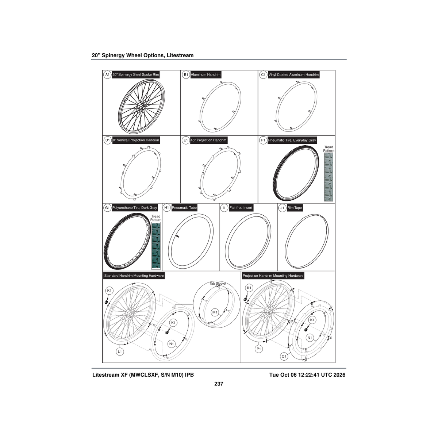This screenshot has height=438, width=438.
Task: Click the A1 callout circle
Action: [x=107, y=74]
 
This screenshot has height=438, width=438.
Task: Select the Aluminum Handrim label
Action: [x=205, y=74]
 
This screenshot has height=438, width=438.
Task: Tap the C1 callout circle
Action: [x=263, y=74]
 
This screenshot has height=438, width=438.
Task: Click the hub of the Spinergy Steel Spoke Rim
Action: [x=141, y=106]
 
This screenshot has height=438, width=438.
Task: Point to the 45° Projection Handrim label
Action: [x=208, y=140]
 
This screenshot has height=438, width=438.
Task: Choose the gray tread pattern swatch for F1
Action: [x=328, y=177]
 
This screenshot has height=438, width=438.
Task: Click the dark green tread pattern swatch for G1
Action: [x=156, y=246]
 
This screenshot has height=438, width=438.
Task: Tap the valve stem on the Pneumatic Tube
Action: [x=178, y=237]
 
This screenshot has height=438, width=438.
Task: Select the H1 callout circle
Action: [x=166, y=208]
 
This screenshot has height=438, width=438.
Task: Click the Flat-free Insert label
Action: [x=241, y=208]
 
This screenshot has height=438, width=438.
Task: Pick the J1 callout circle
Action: [x=282, y=208]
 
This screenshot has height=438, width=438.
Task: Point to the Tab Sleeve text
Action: [x=218, y=284]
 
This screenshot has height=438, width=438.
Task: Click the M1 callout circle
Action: [x=215, y=312]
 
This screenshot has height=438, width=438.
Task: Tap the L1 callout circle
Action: [x=120, y=351]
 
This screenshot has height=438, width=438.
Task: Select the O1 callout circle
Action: [x=284, y=356]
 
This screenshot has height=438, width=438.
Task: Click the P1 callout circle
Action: [x=259, y=349]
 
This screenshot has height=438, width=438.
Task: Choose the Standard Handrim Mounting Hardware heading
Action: [x=134, y=276]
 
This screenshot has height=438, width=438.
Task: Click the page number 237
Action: [x=219, y=384]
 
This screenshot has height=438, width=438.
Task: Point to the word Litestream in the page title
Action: [x=180, y=55]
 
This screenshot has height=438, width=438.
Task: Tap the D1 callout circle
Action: [x=107, y=140]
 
